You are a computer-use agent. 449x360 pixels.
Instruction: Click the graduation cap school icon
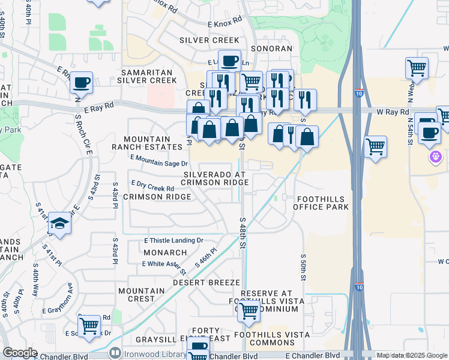tap(60, 223)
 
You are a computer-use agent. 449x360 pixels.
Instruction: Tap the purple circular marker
tap(435, 157)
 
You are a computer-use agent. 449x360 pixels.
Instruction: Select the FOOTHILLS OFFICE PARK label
tap(321, 202)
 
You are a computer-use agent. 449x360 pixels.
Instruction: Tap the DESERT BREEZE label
tap(206, 282)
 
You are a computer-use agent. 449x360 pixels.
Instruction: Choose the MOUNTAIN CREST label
tap(141, 295)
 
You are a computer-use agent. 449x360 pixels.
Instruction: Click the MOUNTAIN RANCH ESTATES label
tap(147, 142)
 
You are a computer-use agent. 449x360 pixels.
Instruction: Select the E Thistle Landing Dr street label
tap(173, 241)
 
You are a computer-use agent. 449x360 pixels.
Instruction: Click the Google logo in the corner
tap(20, 353)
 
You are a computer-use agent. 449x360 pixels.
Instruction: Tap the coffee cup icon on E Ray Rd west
tap(81, 82)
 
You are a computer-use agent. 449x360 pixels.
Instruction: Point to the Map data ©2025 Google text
tap(411, 355)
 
